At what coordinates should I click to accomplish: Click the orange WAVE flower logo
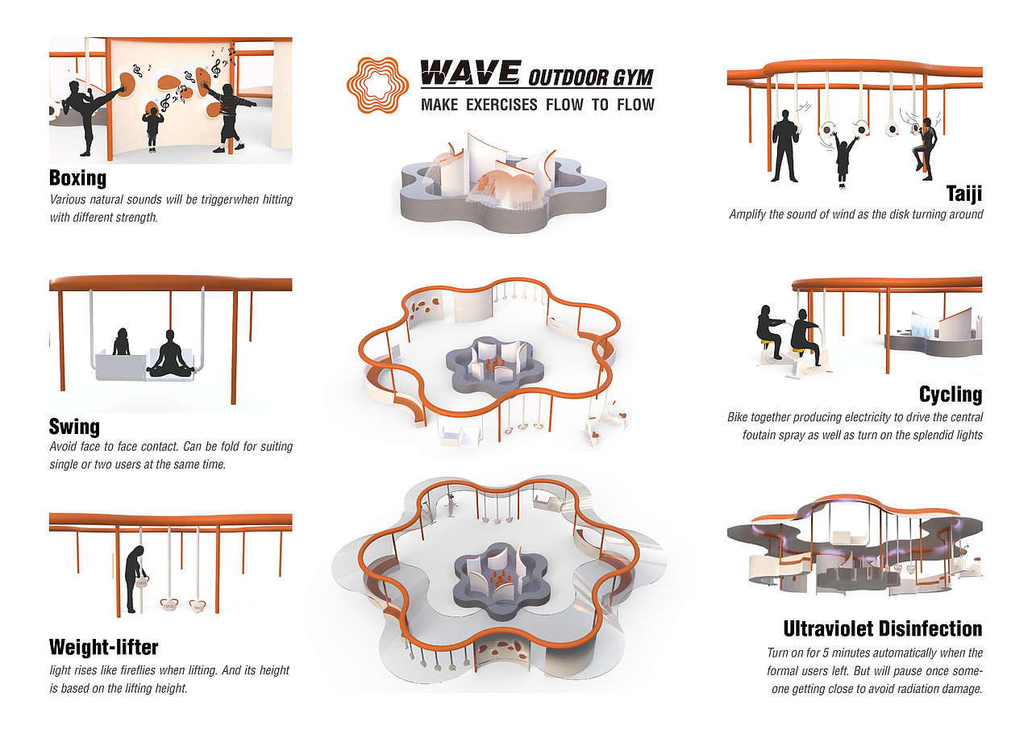coord(377,83)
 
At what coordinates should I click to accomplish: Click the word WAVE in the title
coord(470,73)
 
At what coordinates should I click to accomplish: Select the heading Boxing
coord(77,177)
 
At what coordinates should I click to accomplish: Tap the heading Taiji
coord(964,194)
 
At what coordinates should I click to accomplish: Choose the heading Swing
coord(74,427)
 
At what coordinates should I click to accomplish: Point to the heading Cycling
coord(951,394)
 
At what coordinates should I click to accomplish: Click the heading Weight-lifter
coord(103,647)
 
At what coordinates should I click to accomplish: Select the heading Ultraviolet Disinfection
coord(883,629)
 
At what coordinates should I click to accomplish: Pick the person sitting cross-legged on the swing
coord(170,355)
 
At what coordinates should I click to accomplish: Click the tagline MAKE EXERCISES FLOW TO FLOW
coord(537,104)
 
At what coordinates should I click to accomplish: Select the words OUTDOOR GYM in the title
coord(590,77)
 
